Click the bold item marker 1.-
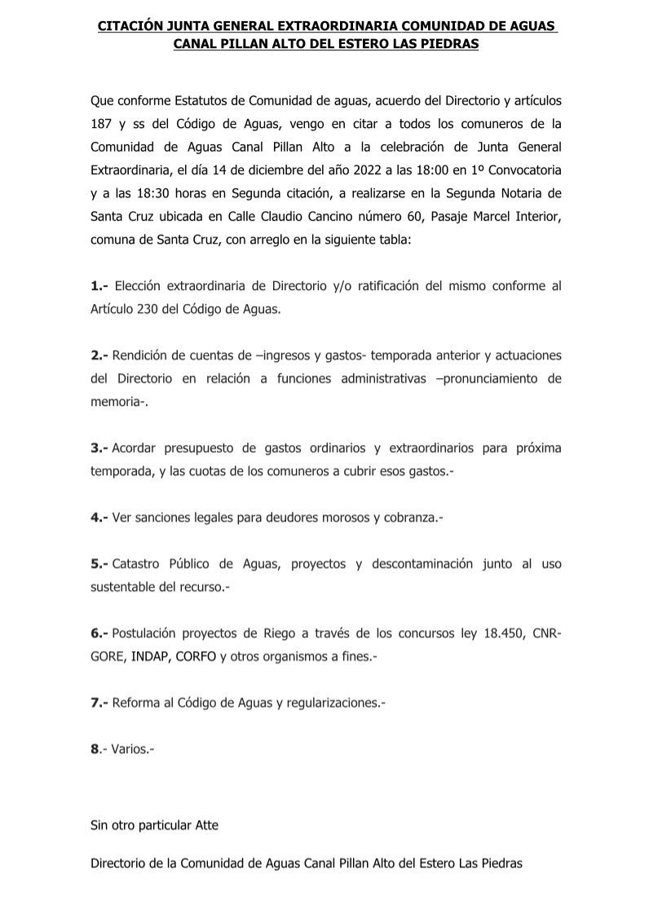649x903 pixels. (x=99, y=287)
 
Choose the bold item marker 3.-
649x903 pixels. (x=99, y=448)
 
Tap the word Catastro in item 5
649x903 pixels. (x=137, y=564)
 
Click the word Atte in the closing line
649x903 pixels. (x=205, y=825)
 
